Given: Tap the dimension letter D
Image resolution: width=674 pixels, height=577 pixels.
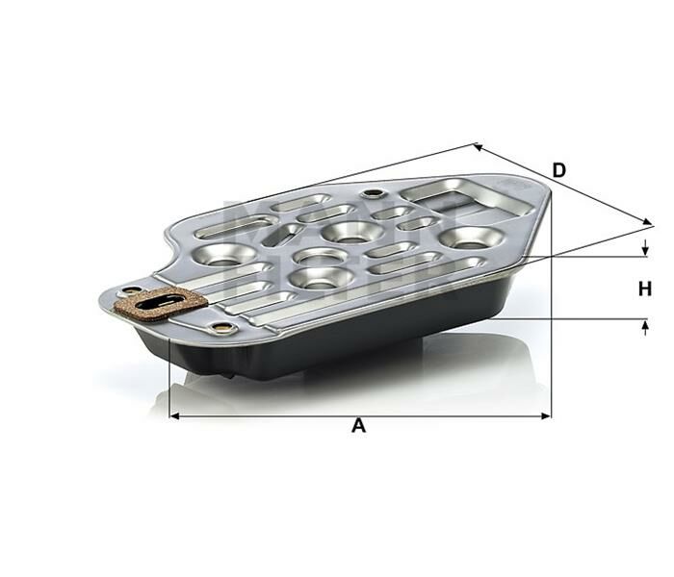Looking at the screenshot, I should [x=558, y=170].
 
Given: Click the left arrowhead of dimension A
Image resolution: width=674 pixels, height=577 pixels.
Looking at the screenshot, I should [x=174, y=416].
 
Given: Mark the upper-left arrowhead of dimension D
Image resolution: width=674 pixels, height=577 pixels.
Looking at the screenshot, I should [x=478, y=147].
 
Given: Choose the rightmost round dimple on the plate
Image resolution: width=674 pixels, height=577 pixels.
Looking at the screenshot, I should [x=466, y=236].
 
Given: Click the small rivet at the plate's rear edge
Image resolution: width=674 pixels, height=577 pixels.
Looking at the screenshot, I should [x=371, y=195].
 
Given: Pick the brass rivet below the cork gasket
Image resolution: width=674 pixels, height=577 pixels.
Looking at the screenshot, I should [x=224, y=329].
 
